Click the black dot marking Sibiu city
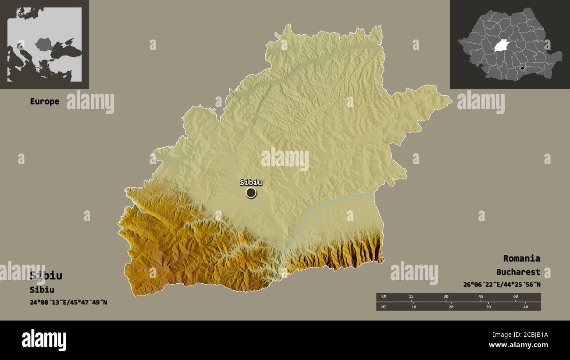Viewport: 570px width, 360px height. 251,192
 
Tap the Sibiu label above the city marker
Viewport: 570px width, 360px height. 251,182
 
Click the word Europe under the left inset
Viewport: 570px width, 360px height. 44,101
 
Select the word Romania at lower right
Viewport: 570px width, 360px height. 521,258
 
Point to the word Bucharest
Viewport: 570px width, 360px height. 518,272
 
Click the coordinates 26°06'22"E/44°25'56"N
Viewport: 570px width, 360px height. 502,285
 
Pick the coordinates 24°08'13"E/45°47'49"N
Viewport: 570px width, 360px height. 68,302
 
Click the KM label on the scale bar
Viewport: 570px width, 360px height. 384,297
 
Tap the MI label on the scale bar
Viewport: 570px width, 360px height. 384,307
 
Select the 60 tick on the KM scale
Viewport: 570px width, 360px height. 515,297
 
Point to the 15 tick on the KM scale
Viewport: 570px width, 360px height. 411,297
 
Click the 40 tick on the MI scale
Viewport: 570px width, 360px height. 526,307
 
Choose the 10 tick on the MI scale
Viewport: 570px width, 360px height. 413,307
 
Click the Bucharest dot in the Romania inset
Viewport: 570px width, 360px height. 522,68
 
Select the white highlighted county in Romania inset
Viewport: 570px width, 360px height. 502,46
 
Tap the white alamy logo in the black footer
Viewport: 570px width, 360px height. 44,340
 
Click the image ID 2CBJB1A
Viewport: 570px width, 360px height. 528,335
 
